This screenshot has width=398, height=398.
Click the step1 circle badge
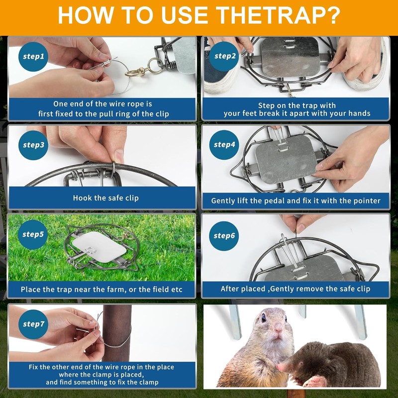click(x=33, y=57)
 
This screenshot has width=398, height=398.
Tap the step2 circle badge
click(x=224, y=56)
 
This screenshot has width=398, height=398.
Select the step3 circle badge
click(x=33, y=145)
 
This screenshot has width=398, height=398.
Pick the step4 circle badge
click(x=224, y=145)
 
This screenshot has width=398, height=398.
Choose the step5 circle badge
click(x=33, y=234)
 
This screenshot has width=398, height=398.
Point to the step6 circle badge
click(x=224, y=236)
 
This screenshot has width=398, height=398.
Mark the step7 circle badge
click(x=33, y=324)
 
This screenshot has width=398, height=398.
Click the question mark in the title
click(x=332, y=16)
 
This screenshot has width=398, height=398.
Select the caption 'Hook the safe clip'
click(x=106, y=198)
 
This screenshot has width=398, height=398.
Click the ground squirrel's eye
click(x=264, y=317)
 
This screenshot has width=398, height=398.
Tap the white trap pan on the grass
click(x=99, y=247)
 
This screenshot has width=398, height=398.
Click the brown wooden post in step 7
click(x=116, y=333)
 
